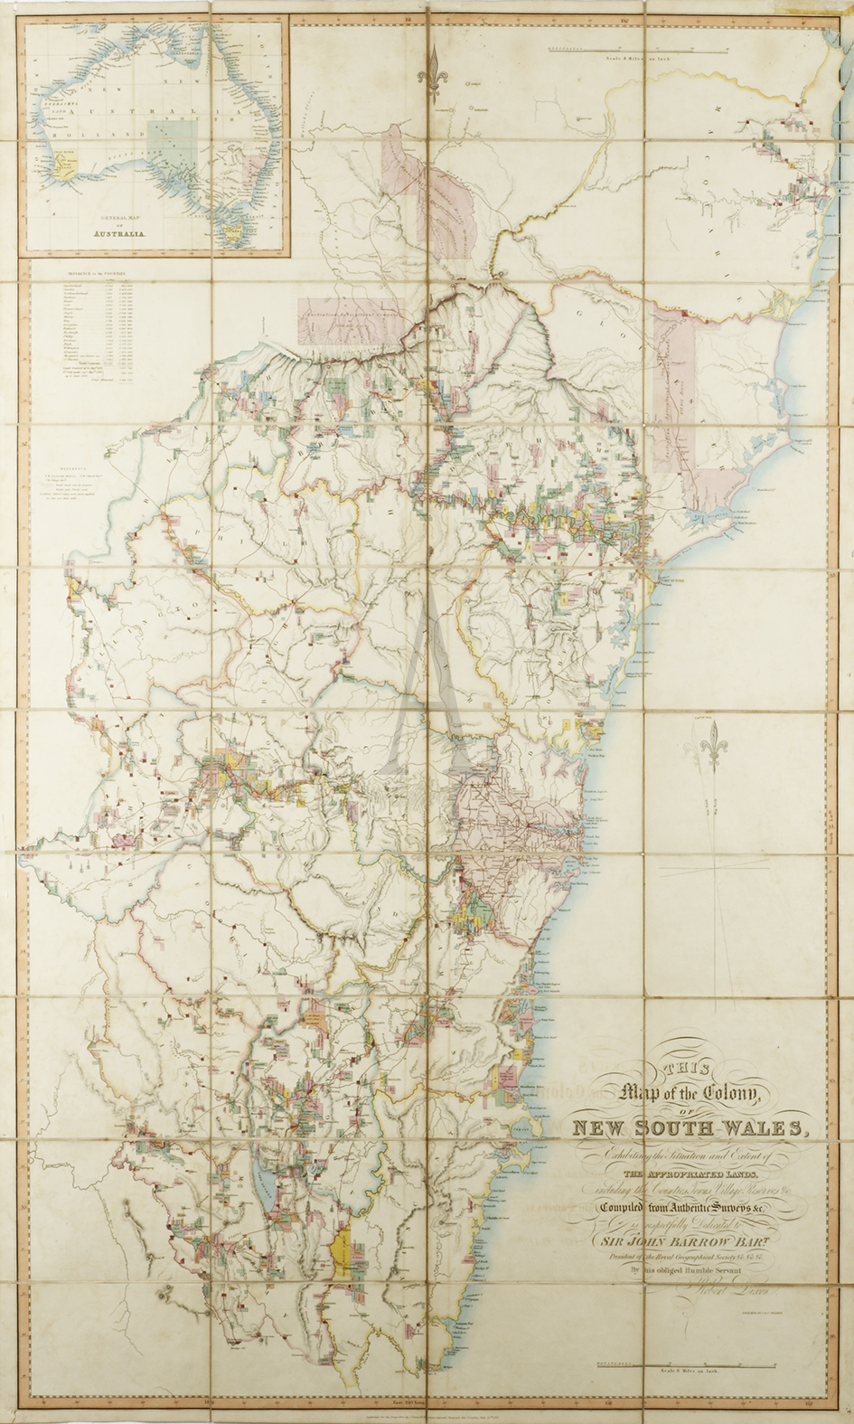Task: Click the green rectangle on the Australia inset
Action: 168,142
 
